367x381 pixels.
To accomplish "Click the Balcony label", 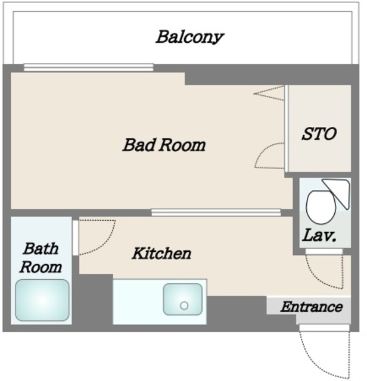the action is (189, 37).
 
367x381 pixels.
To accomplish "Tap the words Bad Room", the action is (164, 145).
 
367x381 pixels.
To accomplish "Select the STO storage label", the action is (319, 133).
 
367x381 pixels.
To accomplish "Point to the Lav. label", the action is (319, 235).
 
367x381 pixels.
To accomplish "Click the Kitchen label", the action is (161, 253).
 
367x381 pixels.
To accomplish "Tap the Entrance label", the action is (312, 307).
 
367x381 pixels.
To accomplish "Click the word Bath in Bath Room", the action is (41, 248).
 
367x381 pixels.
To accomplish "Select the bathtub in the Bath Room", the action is (42, 300).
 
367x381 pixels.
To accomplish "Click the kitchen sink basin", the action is (183, 299).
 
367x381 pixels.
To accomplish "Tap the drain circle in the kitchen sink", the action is (184, 305).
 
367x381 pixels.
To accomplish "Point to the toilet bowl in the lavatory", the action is (321, 207).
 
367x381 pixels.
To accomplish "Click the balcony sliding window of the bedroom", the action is (89, 67).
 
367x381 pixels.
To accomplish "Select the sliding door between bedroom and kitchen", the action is (216, 213).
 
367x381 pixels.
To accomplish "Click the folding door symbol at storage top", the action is (269, 93).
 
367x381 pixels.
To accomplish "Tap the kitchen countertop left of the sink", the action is (138, 301).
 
